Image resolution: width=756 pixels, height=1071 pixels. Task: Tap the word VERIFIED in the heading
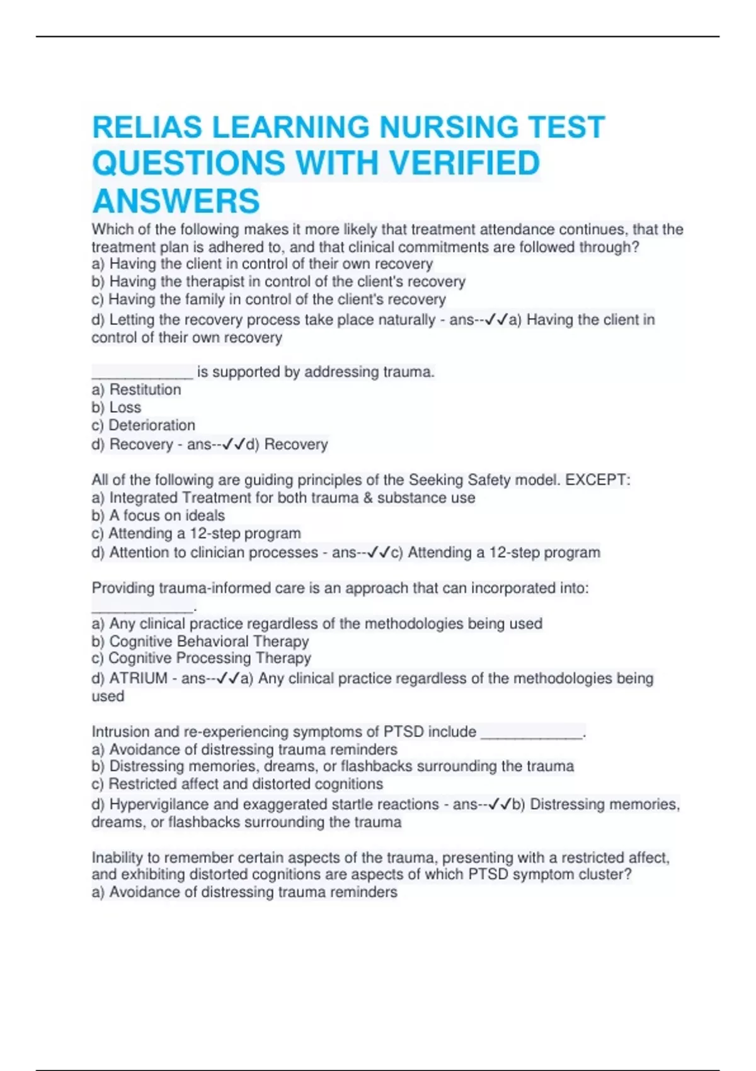464,163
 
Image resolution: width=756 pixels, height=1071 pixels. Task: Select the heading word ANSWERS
176,201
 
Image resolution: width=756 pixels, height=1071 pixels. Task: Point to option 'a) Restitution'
136,389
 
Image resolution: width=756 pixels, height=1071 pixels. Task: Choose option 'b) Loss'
117,407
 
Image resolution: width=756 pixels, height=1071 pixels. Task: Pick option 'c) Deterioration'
143,425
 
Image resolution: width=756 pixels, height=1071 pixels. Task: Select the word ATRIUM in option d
139,679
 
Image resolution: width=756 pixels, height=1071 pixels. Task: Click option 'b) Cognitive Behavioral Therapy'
200,641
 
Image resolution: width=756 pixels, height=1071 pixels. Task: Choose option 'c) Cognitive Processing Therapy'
202,658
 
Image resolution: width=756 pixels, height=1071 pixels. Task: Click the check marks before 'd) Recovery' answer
234,445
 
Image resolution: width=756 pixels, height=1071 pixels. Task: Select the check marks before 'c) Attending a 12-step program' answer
379,553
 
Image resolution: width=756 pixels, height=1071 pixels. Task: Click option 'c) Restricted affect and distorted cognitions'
238,784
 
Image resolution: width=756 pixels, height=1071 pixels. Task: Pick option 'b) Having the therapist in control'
278,282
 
